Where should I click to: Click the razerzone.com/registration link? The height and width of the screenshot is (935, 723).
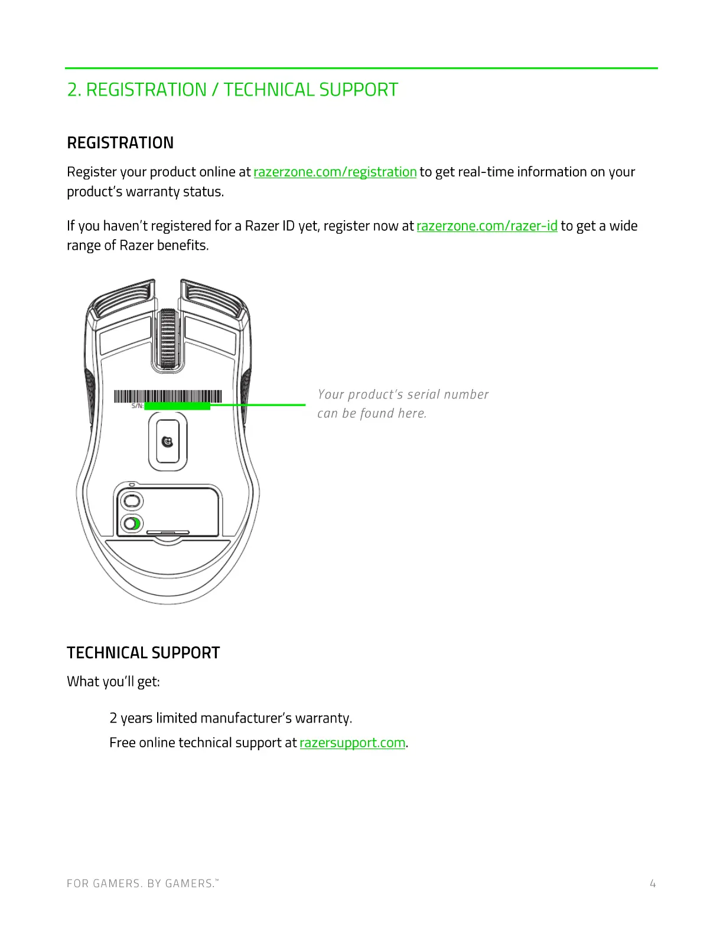[x=335, y=172]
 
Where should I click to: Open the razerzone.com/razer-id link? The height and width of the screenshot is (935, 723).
[x=487, y=226]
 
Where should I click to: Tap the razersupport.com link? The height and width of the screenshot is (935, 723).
[x=352, y=743]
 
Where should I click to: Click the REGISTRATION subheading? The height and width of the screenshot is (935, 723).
[x=120, y=143]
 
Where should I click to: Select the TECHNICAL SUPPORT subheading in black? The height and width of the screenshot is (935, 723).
[x=143, y=653]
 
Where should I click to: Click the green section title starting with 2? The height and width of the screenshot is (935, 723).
[x=232, y=90]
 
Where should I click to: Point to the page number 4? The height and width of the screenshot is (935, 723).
[x=652, y=884]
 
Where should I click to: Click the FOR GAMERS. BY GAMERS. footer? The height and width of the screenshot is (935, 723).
[x=142, y=884]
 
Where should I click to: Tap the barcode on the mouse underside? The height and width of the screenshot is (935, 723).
[x=168, y=396]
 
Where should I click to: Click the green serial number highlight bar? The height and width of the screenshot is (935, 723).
[x=177, y=406]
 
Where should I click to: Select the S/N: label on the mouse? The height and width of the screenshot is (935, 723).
[x=137, y=406]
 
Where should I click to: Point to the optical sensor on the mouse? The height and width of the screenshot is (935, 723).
[x=168, y=441]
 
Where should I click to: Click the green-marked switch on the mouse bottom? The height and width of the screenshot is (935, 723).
[x=132, y=523]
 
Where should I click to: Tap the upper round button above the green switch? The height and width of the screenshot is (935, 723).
[x=131, y=501]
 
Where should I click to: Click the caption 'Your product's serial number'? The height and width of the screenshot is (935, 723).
[x=403, y=394]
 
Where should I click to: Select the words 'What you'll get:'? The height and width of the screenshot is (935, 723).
[x=113, y=682]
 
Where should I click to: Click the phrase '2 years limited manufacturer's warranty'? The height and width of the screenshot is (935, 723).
[x=230, y=718]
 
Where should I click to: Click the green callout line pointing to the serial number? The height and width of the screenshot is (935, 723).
[x=258, y=405]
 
